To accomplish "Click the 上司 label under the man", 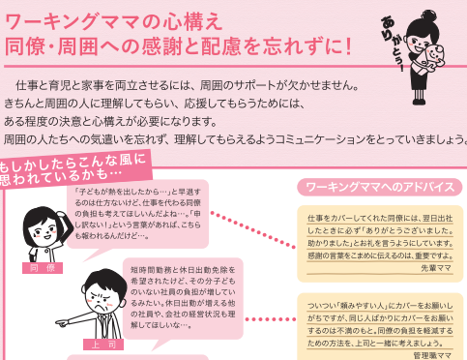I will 98,343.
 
